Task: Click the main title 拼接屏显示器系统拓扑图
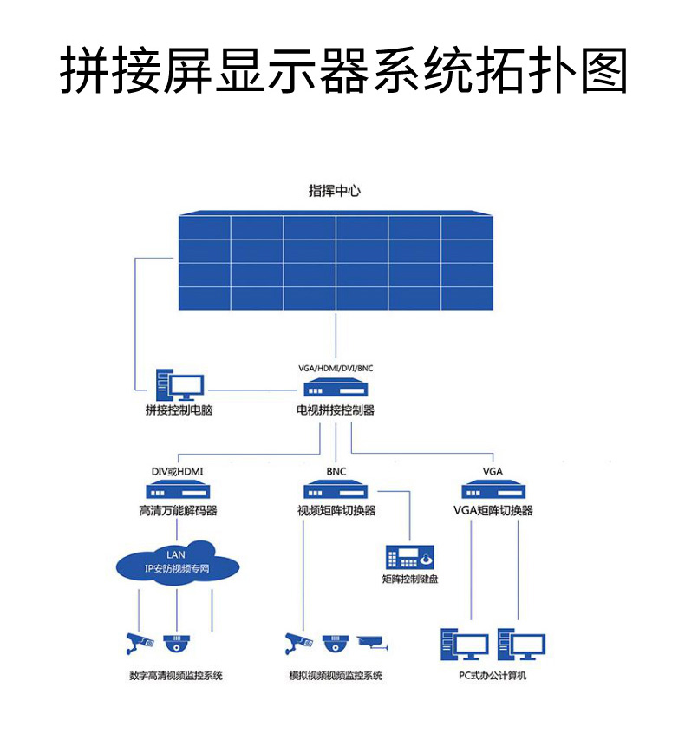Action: pos(342,70)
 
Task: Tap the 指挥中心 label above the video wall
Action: pos(334,191)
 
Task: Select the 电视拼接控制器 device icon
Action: pos(336,388)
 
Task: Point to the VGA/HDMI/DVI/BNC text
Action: pos(335,368)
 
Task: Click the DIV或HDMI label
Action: pos(177,471)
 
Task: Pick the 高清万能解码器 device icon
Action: pos(178,490)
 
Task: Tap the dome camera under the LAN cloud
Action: pos(177,644)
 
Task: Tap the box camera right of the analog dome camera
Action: pos(374,643)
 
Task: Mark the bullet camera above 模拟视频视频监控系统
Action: pos(298,643)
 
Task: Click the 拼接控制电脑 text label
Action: pos(179,410)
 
